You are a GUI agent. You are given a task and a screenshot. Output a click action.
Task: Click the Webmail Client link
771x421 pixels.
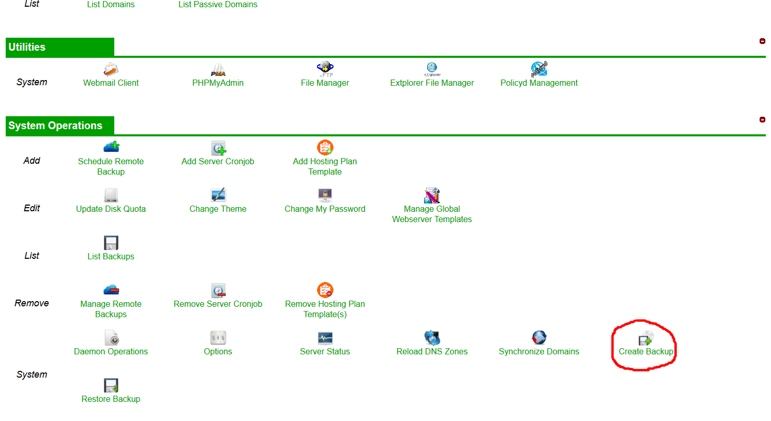(111, 83)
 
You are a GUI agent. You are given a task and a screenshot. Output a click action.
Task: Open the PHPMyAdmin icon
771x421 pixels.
(218, 70)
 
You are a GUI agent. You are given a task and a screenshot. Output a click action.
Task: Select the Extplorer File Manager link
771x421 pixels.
(432, 83)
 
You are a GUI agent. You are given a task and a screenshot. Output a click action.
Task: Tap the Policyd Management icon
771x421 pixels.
(539, 69)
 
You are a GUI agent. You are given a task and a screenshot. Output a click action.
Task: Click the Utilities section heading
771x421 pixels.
(27, 47)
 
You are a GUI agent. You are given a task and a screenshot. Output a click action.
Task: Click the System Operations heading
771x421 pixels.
(55, 126)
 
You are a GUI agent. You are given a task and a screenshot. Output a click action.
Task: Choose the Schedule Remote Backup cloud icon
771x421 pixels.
(111, 147)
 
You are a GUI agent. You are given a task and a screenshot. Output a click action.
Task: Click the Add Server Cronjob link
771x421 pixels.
(218, 161)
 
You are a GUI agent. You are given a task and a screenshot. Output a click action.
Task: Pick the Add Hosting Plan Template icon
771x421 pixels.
(325, 147)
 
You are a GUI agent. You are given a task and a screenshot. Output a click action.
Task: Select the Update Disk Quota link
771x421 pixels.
(111, 209)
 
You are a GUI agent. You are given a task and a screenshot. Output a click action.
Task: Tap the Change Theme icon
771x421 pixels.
(218, 195)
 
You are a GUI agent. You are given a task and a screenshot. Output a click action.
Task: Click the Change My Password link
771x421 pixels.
(325, 209)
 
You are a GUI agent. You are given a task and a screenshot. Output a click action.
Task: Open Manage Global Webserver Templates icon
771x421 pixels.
(432, 195)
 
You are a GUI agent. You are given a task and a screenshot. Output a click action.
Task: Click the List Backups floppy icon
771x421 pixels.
(111, 243)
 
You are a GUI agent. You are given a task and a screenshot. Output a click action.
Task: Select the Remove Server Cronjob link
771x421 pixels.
(218, 304)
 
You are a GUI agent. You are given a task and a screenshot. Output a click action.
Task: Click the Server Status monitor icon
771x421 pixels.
(325, 338)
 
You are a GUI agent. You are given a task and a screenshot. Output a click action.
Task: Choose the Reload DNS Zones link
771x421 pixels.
(432, 351)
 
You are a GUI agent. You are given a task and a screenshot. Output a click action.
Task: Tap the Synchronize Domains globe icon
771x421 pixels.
(539, 337)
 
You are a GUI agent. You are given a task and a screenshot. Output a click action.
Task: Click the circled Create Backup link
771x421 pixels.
(646, 351)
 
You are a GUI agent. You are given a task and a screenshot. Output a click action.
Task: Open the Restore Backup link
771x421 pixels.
(111, 399)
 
